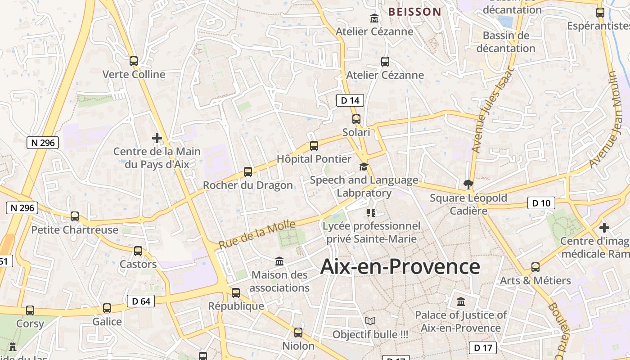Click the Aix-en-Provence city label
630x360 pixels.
400,267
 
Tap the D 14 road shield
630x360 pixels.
350,100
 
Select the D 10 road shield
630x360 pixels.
541,203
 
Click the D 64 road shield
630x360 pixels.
141,301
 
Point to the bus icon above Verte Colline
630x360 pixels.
134,61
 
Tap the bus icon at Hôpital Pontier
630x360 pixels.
314,146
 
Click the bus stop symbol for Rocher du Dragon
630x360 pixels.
248,171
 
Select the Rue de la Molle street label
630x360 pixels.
257,235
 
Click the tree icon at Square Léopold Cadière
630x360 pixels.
468,184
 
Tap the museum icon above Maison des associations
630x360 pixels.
279,261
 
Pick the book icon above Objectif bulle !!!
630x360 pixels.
370,321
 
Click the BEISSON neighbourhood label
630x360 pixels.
414,12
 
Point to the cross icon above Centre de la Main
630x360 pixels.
157,138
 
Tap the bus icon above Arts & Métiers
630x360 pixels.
535,267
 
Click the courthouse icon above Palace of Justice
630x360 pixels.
461,301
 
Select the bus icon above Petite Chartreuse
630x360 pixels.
75,216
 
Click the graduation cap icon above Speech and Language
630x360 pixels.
364,167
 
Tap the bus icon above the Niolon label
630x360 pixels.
298,333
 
